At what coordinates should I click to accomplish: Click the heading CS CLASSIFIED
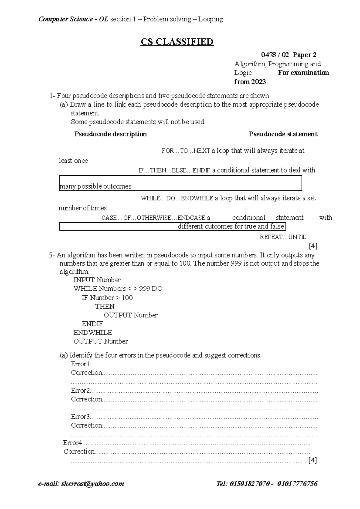click(x=177, y=42)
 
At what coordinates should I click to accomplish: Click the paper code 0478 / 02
click(x=275, y=55)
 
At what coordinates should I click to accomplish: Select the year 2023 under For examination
click(x=258, y=82)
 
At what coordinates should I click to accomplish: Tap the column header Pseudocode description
click(x=110, y=134)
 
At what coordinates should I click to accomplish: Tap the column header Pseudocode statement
click(x=283, y=134)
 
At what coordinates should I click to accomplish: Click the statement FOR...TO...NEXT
click(x=186, y=151)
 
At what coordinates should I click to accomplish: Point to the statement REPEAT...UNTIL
click(x=283, y=237)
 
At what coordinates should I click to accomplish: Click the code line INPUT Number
click(x=97, y=280)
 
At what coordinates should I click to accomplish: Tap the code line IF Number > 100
click(x=107, y=298)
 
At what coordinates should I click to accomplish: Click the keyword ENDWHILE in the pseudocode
click(x=93, y=333)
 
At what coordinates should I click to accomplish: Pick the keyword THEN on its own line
click(x=105, y=306)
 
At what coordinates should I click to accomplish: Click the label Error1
click(x=80, y=364)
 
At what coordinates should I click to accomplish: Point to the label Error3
click(x=80, y=417)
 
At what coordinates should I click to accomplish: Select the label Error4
click(x=73, y=443)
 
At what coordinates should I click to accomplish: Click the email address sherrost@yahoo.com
click(x=92, y=484)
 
